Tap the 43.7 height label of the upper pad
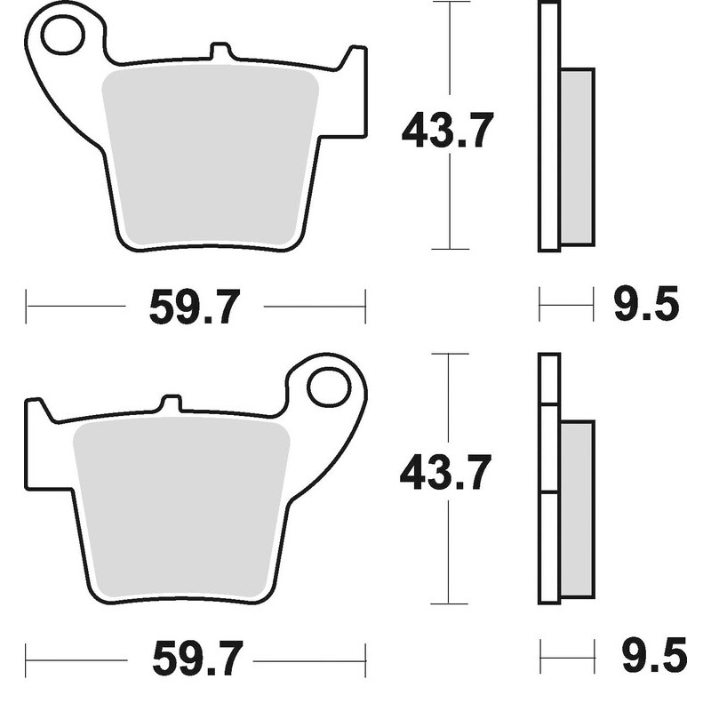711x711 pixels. [446, 130]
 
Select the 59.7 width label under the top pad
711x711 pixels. [194, 308]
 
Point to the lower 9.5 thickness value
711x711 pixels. [653, 659]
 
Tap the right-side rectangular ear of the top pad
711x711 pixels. [354, 93]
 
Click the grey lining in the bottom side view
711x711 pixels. [577, 508]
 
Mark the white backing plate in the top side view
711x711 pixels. [548, 124]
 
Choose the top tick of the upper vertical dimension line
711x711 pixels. [451, 4]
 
